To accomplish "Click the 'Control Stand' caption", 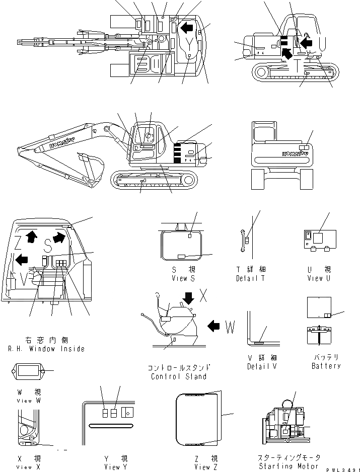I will point(179,376).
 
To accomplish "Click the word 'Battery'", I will point(326,366).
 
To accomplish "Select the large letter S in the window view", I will point(48,245).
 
